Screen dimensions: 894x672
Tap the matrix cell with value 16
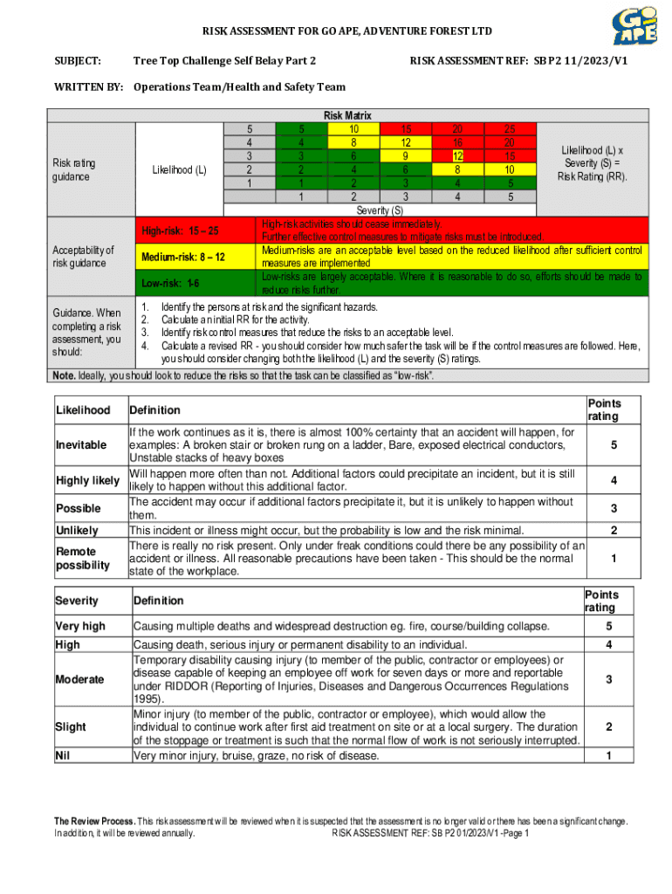(457, 142)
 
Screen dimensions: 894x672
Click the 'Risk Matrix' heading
(347, 115)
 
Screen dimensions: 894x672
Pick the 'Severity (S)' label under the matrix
(380, 210)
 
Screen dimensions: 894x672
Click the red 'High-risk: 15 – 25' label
(181, 231)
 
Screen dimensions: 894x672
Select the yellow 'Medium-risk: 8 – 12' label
(183, 258)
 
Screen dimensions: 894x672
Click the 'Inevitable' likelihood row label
(81, 445)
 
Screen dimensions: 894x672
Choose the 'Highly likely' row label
(87, 481)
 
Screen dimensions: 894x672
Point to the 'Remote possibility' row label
(83, 559)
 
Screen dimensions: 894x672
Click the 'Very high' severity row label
(80, 626)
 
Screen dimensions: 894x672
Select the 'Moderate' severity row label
(79, 679)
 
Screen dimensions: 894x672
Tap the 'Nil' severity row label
(63, 754)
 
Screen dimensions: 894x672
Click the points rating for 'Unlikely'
(614, 531)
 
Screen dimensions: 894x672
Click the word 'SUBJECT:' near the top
(78, 61)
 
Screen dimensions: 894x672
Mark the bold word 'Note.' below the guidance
(64, 375)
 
